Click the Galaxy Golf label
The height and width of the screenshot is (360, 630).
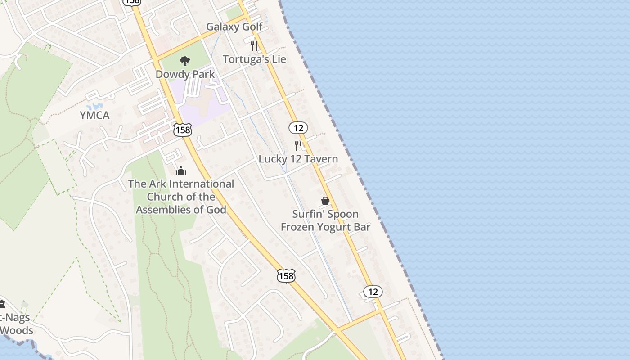point(234,27)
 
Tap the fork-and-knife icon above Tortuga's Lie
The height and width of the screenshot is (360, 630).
point(254,45)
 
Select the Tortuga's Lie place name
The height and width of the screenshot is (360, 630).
point(254,59)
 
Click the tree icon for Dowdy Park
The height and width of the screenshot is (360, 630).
point(184,61)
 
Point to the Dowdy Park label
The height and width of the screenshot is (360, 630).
point(185,74)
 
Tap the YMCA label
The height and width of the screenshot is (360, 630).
point(94,115)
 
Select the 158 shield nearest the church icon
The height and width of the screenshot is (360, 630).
point(182,130)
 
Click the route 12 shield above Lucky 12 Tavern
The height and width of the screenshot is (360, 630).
point(298,128)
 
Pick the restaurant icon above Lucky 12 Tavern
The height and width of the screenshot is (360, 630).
point(298,145)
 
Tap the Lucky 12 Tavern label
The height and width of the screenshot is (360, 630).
point(298,159)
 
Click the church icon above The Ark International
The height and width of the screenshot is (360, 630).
point(181,171)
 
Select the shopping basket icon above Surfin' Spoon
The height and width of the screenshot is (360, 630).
point(325,201)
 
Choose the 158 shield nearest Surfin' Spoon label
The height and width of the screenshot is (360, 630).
point(286,275)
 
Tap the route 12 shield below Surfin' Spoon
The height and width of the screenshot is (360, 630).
point(373,292)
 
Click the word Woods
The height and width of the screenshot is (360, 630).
point(17,330)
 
